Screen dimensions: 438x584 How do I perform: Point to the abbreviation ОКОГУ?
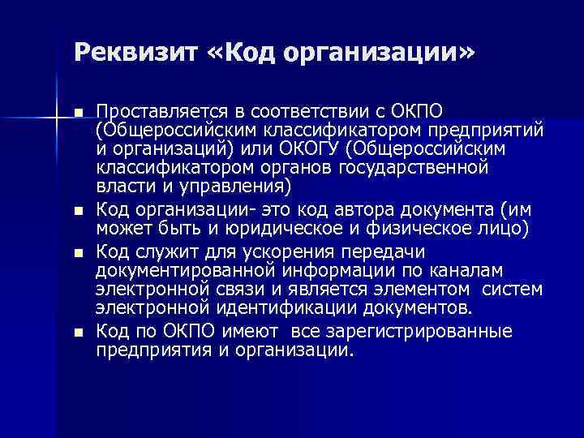click(x=318, y=149)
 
